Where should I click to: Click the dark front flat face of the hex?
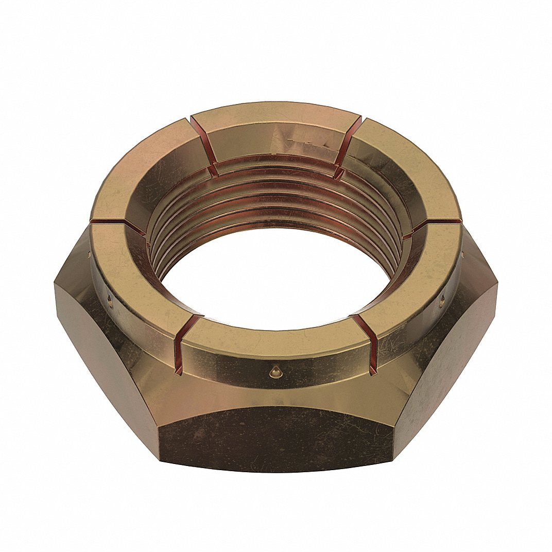click(x=275, y=438)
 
